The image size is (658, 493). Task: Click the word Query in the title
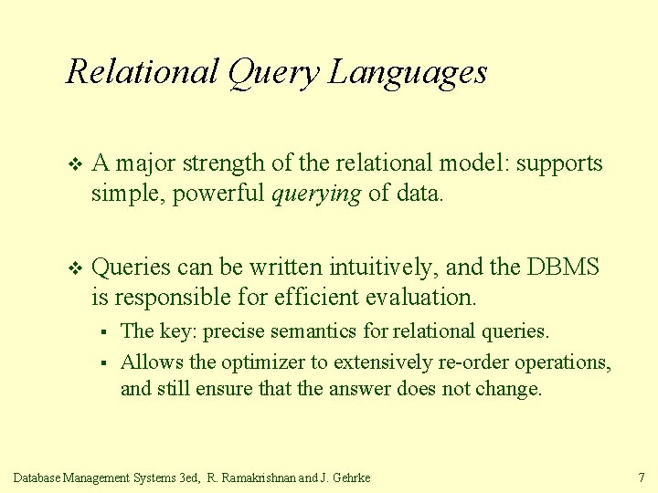coord(271,72)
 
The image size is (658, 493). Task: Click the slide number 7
coord(641,477)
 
